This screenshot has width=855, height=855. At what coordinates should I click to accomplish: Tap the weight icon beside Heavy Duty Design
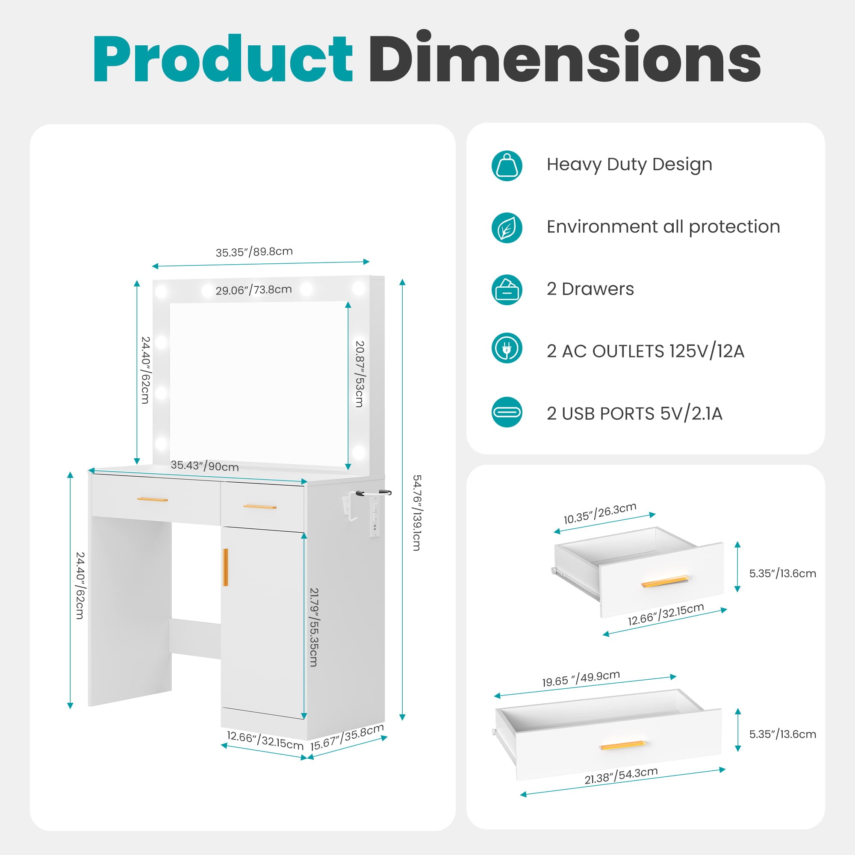(x=507, y=165)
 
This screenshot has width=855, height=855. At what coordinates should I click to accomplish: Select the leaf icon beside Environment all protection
(x=507, y=228)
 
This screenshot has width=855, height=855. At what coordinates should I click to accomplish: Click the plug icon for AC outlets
(x=507, y=348)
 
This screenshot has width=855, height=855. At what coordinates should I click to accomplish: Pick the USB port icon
(x=507, y=412)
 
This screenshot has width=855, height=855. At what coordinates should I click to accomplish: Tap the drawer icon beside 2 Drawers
(x=507, y=290)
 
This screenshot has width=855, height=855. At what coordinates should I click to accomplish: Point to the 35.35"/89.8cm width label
(x=254, y=252)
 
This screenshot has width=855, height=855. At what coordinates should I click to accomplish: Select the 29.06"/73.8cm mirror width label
(x=254, y=290)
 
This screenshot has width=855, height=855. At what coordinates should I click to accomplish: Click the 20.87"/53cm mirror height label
(x=360, y=374)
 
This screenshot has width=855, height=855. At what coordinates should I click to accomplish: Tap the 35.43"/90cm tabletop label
(x=204, y=466)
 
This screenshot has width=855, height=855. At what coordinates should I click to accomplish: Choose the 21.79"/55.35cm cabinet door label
(x=314, y=627)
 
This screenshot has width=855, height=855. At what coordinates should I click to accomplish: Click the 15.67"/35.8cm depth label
(x=347, y=738)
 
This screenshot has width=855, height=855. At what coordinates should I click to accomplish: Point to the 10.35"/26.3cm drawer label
(x=600, y=513)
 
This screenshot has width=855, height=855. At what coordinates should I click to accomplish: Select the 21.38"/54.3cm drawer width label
(x=621, y=776)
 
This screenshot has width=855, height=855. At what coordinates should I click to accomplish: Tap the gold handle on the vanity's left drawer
(x=152, y=499)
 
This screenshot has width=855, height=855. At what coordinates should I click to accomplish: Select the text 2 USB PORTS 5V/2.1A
(x=634, y=414)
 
